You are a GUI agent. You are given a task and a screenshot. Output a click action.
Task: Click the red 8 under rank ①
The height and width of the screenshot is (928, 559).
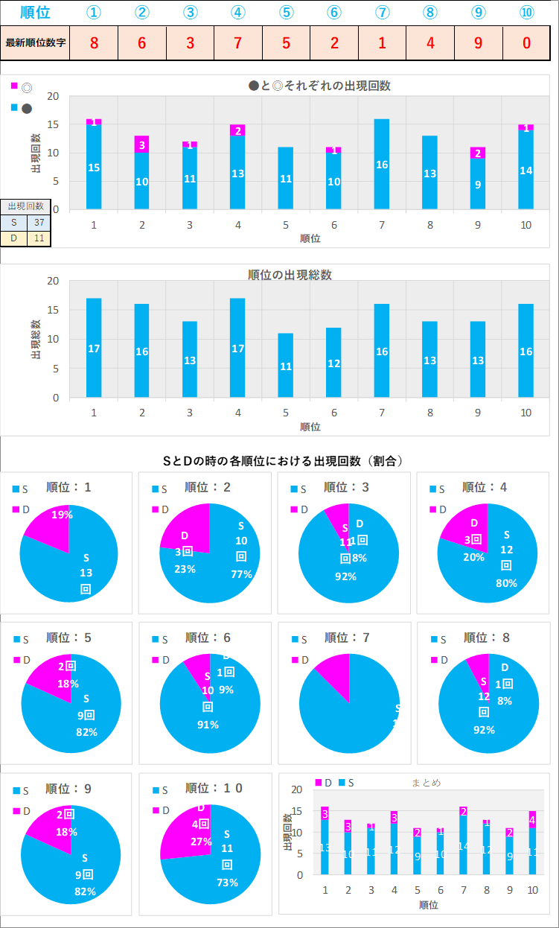coord(94,42)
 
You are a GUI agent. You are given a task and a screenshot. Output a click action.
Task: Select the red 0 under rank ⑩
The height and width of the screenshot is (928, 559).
coord(526,42)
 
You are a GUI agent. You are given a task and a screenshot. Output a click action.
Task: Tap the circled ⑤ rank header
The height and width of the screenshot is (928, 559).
coord(286,13)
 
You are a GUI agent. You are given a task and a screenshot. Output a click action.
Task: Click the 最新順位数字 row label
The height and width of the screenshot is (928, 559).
coord(36,42)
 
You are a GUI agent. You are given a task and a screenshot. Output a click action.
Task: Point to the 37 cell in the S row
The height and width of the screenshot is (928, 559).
coord(39,222)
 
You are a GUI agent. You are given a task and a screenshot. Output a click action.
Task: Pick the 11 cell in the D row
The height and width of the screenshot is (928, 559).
coord(39,238)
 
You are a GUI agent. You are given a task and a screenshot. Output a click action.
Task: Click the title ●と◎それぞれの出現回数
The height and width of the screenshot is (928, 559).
coord(319,86)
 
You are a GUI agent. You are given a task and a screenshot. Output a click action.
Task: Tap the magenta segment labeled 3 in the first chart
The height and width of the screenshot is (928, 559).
coord(141,144)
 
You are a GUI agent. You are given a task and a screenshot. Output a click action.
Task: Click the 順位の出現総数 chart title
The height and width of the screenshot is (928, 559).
coord(290,274)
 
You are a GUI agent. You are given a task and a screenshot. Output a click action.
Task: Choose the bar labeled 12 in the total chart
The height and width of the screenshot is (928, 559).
coord(333,363)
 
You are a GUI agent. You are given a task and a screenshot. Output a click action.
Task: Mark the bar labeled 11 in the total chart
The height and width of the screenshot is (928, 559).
coord(286,366)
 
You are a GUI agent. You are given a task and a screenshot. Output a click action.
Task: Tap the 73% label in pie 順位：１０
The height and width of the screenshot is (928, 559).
coord(227,883)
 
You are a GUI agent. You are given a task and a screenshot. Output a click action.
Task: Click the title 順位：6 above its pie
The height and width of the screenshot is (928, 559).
coord(208,638)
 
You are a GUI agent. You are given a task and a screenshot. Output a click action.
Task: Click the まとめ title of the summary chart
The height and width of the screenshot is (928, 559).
coord(426,782)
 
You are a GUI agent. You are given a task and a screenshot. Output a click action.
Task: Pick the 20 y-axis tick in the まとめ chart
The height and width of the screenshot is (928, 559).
coord(297,789)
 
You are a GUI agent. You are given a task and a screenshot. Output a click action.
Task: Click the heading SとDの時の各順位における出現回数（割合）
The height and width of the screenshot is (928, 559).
coord(283,461)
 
